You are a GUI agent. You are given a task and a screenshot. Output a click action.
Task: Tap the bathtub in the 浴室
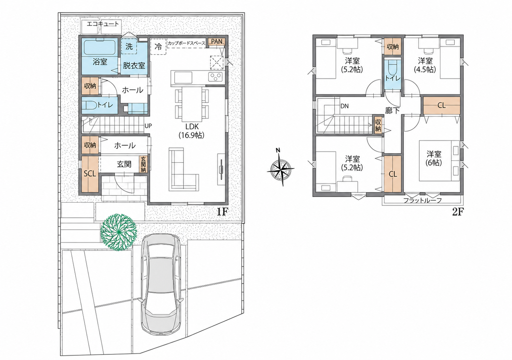(x=100, y=47)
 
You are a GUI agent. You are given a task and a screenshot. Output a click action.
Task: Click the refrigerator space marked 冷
(x=158, y=47)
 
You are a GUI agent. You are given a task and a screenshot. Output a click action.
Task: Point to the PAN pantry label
(x=216, y=41)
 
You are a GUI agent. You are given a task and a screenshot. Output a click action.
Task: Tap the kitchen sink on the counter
(x=183, y=77)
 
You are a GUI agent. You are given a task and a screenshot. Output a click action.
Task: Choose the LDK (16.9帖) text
(x=191, y=131)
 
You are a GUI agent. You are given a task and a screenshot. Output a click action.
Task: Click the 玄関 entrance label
(x=124, y=164)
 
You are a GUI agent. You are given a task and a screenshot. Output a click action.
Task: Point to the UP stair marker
(x=148, y=126)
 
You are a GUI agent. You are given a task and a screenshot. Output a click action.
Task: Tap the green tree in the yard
(x=119, y=232)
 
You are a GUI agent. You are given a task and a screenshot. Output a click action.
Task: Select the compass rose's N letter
(x=278, y=150)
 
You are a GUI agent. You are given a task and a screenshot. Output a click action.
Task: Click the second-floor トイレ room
(x=393, y=75)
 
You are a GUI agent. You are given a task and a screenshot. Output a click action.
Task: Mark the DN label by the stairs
(x=344, y=106)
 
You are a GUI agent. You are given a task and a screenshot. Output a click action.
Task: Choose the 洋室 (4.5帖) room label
(x=425, y=65)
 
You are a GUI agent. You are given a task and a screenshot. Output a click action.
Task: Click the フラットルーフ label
(x=422, y=201)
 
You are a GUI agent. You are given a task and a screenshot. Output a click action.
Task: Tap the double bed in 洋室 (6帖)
(x=436, y=161)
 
